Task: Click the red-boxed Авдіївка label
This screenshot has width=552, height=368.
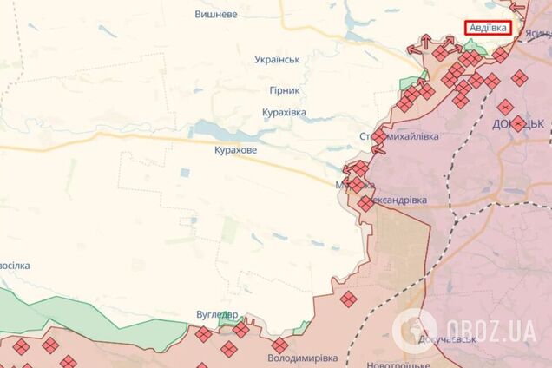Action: pos(488,28)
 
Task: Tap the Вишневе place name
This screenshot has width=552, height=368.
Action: pos(217,15)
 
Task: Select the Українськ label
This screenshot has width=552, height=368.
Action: pos(277,59)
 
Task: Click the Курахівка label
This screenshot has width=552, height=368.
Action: pos(290,113)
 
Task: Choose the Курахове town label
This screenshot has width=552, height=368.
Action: pos(235,150)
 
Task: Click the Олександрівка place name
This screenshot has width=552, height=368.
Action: pos(398,200)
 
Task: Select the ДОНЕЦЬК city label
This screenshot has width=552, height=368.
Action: pos(517,124)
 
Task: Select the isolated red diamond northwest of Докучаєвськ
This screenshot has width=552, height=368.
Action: pos(348,299)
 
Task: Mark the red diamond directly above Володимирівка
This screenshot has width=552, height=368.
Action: pos(279,345)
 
